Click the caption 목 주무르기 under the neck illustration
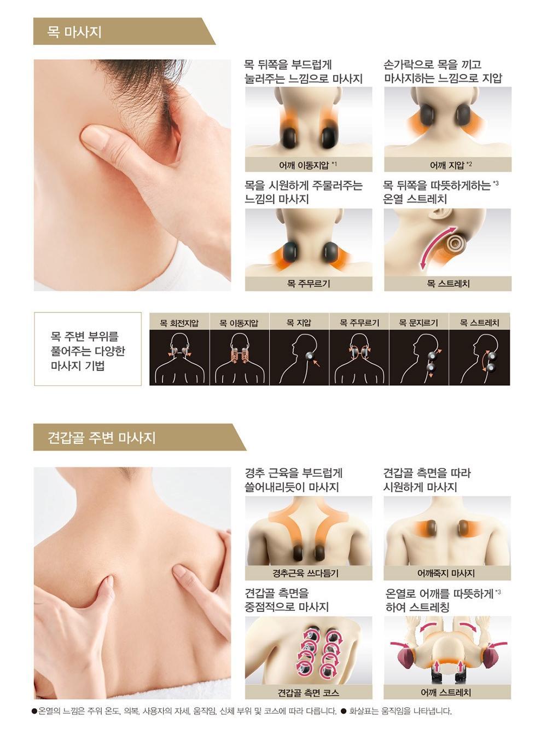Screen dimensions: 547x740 (309, 284)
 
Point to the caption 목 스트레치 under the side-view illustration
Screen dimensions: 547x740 (448, 284)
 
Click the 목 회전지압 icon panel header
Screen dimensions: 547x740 (179, 323)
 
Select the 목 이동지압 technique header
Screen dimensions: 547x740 (239, 323)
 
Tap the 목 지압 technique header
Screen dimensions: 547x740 (299, 323)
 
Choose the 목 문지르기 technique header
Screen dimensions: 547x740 (418, 323)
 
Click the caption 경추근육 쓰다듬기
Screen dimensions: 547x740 (306, 573)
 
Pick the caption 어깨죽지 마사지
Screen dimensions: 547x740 (446, 573)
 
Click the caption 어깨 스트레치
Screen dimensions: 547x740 (446, 693)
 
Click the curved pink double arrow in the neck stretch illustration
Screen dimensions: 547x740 (434, 247)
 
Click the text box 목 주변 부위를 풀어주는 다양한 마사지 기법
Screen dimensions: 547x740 (88, 349)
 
